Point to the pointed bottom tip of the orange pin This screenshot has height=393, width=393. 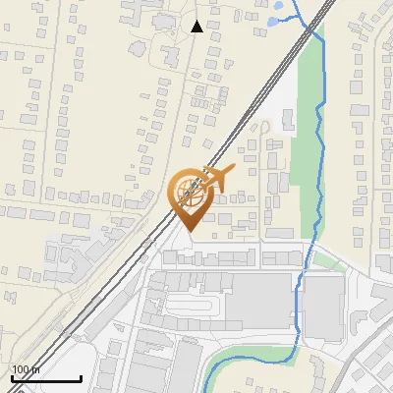tap(188, 232)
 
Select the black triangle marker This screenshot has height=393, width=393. tap(197, 27)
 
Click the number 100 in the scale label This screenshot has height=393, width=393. tap(21, 369)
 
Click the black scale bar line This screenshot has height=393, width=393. tap(45, 378)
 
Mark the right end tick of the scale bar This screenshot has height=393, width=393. tap(80, 376)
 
